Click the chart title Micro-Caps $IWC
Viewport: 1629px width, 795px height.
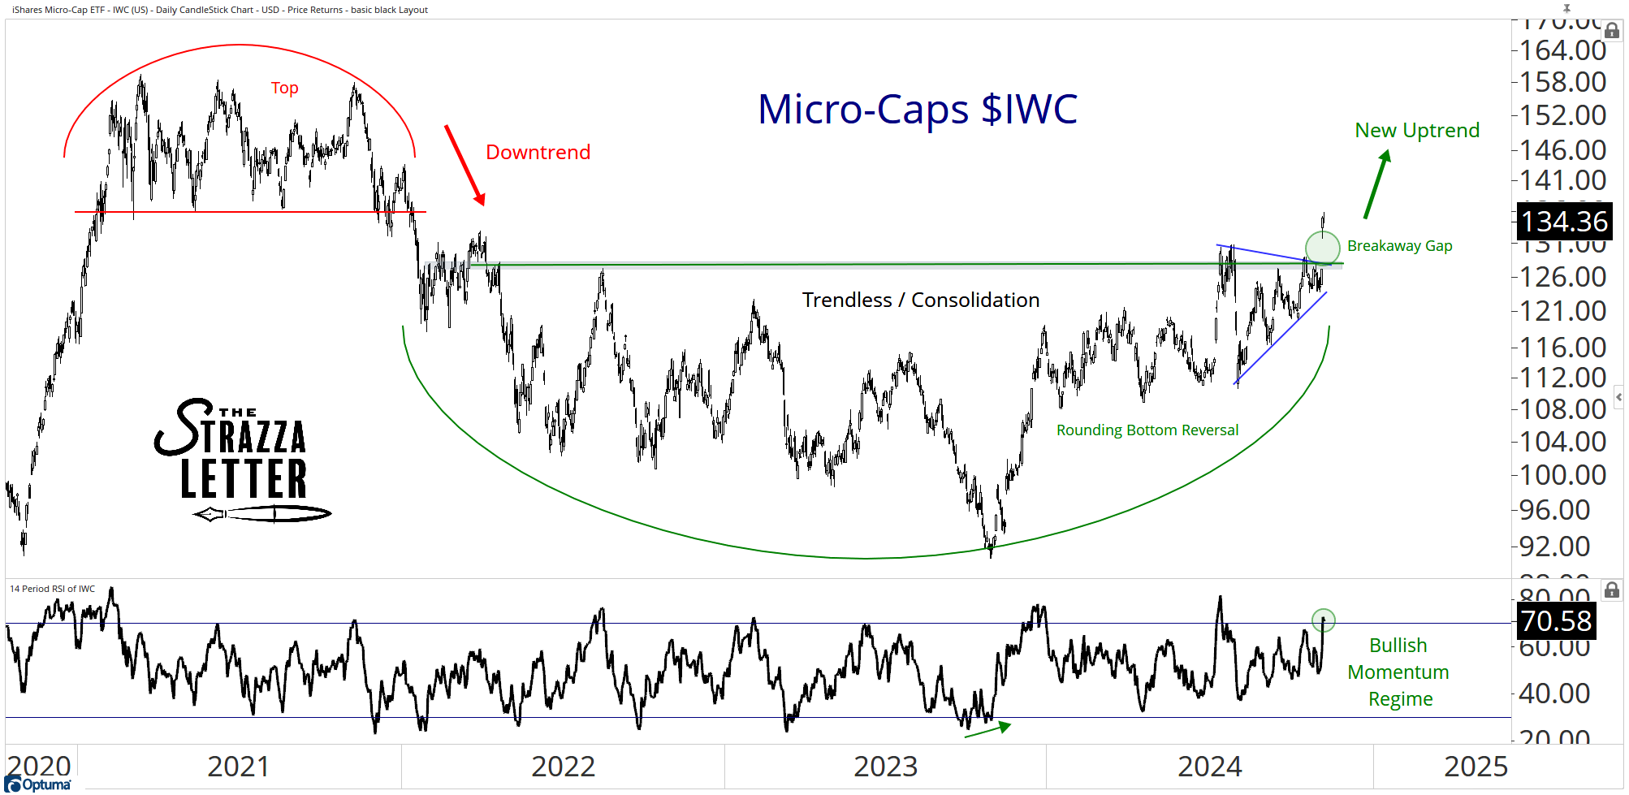(917, 110)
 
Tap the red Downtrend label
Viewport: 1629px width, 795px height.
(538, 153)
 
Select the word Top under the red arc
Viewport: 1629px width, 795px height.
(284, 88)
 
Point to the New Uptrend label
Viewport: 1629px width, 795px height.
(1417, 131)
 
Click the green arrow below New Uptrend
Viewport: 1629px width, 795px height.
(1377, 184)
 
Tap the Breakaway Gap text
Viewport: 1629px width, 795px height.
(1399, 246)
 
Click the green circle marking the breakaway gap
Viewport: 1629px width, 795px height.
(1322, 248)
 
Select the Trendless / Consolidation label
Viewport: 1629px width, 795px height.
(920, 300)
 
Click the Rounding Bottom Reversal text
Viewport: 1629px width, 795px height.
(1147, 430)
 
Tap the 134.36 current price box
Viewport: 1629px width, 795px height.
(1563, 222)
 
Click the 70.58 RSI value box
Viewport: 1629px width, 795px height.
(1555, 621)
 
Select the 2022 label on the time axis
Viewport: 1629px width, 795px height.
(563, 767)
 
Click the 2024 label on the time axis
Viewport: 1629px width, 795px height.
(1209, 767)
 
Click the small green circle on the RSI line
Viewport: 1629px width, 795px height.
(1323, 620)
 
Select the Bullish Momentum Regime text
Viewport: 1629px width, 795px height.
(1398, 672)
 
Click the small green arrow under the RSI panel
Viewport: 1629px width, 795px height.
(987, 729)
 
